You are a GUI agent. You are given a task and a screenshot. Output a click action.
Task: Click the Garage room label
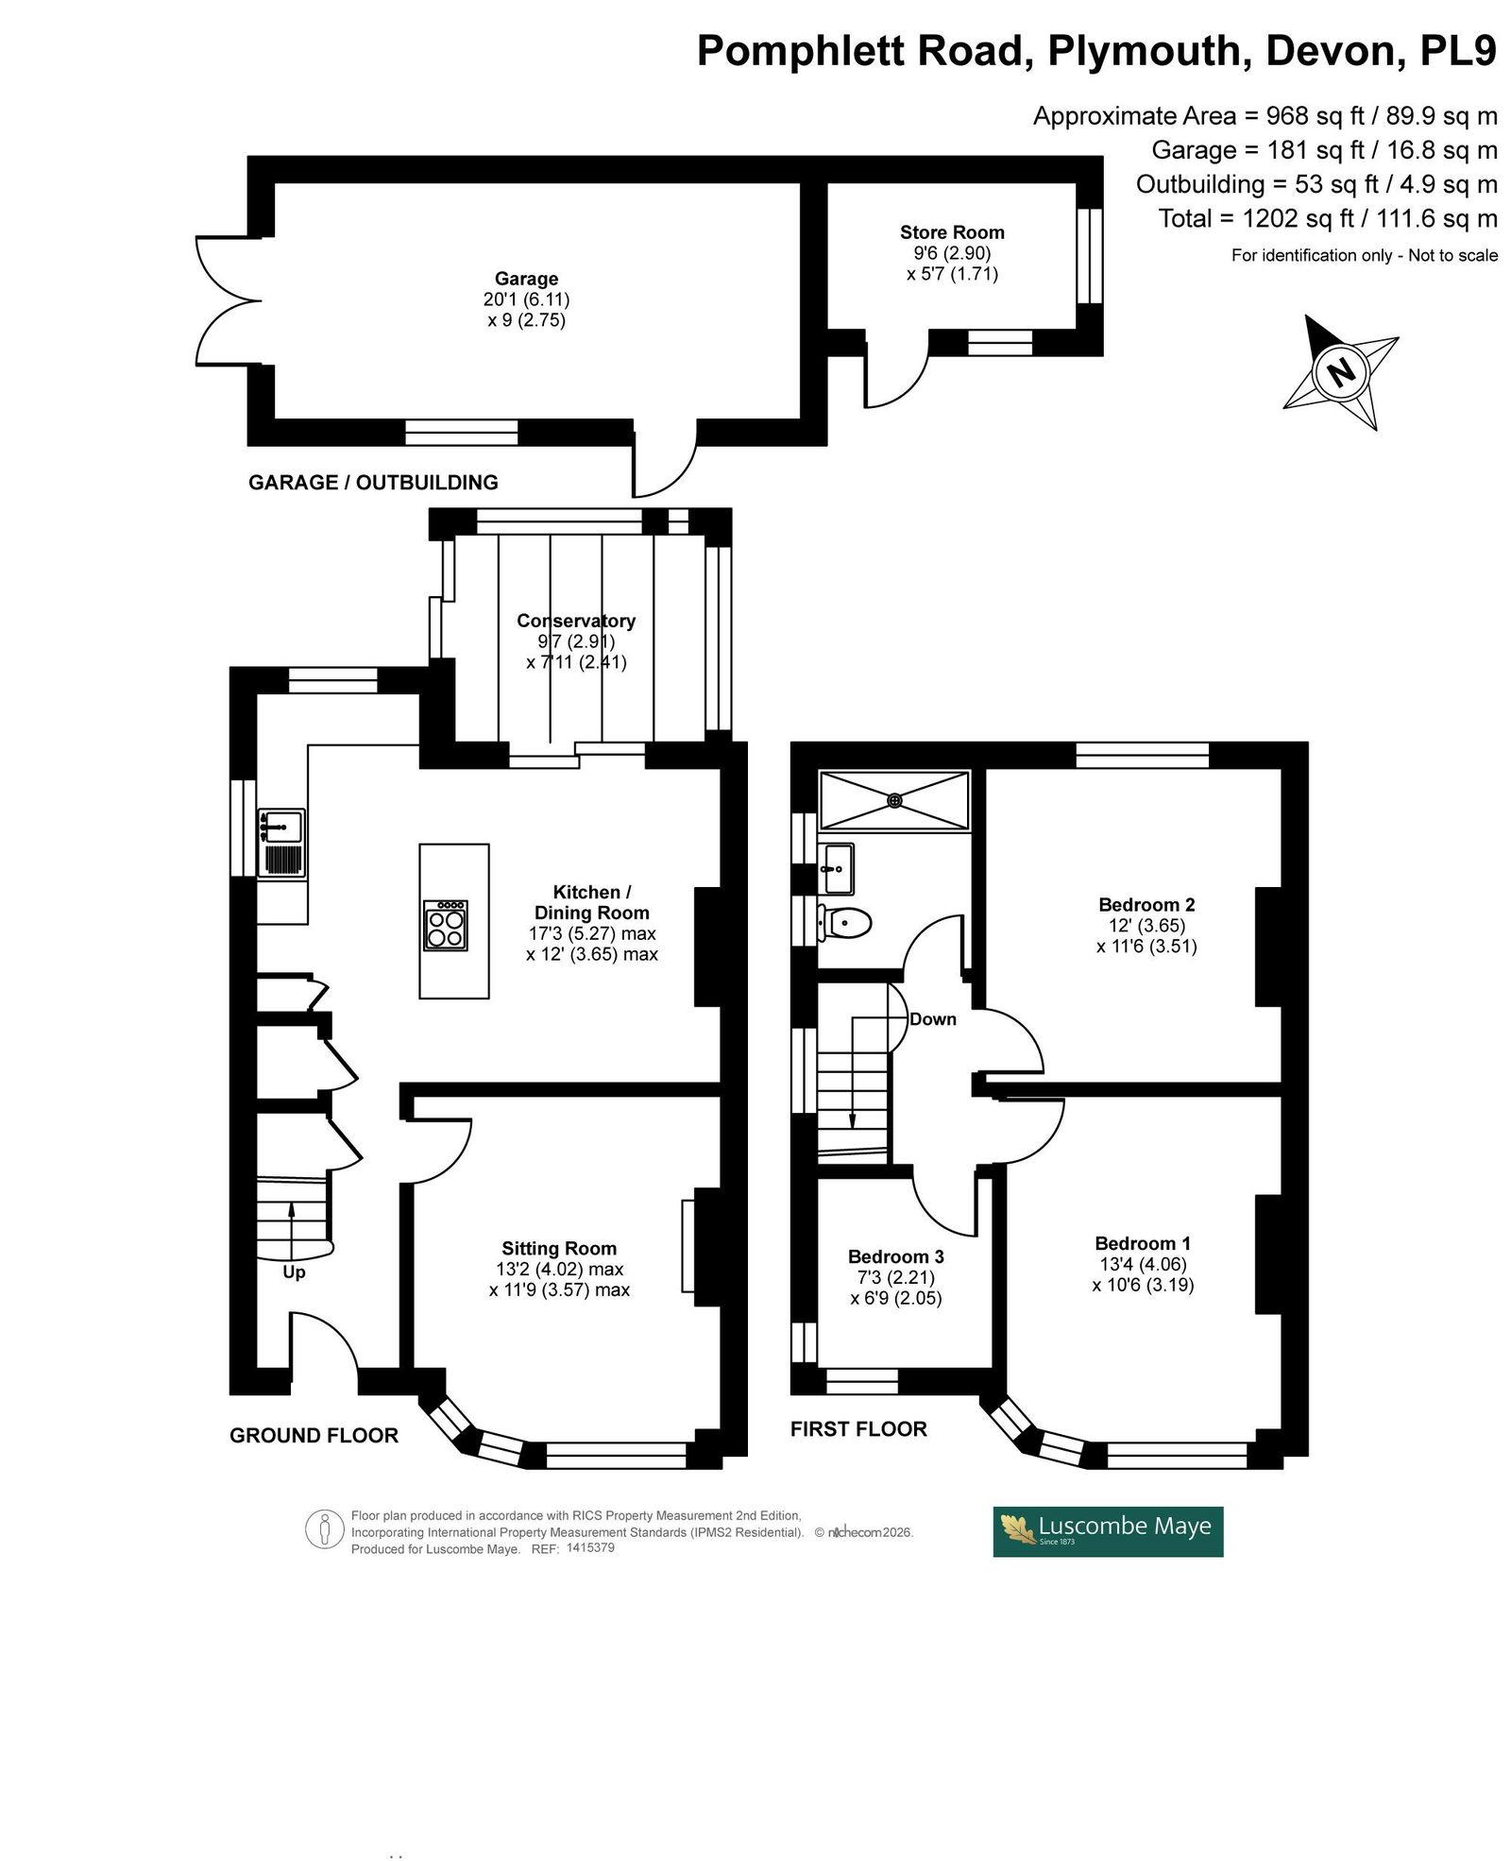(x=526, y=279)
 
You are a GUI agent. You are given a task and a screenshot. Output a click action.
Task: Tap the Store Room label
(x=952, y=232)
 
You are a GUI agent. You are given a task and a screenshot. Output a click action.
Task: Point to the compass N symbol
(x=1340, y=371)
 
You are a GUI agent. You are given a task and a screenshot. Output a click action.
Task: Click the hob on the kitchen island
(x=447, y=926)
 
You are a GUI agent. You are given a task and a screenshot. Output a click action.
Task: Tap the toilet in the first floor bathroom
(x=844, y=921)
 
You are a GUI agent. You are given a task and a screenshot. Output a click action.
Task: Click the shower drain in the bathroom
(x=894, y=800)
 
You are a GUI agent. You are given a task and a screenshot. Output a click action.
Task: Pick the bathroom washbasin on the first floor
(x=836, y=868)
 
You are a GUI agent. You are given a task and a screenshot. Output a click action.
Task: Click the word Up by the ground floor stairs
(x=294, y=1272)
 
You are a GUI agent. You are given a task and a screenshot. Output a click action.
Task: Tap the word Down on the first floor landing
(x=933, y=1019)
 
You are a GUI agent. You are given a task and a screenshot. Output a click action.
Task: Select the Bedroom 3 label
(x=896, y=1256)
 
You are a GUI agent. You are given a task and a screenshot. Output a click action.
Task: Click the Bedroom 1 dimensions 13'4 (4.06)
(x=1143, y=1264)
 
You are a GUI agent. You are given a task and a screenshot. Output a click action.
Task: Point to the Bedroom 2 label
(x=1146, y=905)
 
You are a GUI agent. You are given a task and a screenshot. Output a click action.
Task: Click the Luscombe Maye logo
(x=1108, y=1531)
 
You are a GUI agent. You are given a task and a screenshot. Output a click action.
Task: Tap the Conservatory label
(x=576, y=621)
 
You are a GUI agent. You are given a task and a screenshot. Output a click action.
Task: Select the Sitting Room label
(x=559, y=1248)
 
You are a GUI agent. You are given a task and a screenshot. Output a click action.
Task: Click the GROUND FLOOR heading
(x=314, y=1436)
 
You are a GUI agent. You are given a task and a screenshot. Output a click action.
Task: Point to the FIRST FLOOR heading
(x=858, y=1429)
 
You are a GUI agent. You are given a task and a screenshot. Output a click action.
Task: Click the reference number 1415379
(x=590, y=1547)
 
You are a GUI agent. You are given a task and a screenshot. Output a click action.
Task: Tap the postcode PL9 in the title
(x=1459, y=51)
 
